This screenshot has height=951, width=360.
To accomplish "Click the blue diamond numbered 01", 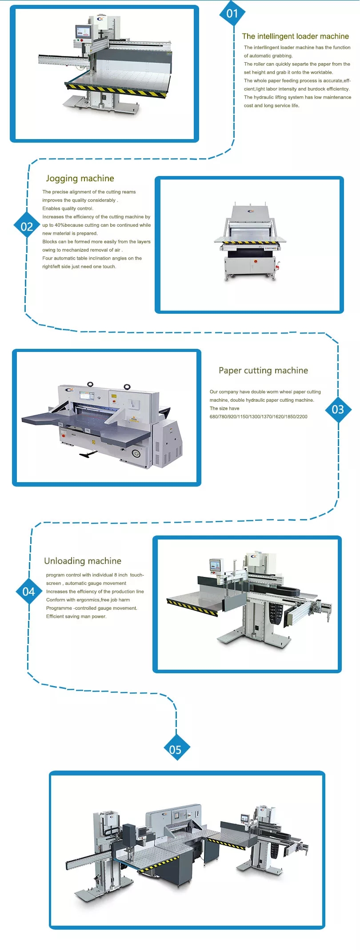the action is (232, 14).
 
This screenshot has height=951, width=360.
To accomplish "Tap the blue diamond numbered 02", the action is (27, 227).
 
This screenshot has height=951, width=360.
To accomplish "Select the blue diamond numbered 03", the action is (338, 409).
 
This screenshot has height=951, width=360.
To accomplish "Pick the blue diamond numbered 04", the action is (29, 591).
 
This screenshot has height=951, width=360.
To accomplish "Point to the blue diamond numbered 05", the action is (176, 750).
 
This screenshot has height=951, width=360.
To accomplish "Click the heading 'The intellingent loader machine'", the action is (296, 36).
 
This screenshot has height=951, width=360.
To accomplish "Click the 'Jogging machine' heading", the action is (80, 179).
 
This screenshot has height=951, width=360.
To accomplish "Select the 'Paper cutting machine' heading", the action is (263, 371).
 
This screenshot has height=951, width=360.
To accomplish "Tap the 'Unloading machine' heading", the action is (83, 561).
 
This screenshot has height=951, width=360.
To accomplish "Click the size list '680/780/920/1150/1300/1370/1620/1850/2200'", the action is (258, 417).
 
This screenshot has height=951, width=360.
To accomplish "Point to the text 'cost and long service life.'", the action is (272, 106).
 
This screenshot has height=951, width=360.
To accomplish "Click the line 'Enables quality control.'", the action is (68, 208).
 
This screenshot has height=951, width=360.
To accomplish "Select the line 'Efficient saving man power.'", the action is (76, 616).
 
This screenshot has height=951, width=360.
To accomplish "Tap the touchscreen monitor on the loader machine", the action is (83, 32).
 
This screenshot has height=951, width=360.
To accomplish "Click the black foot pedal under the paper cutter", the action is (88, 454).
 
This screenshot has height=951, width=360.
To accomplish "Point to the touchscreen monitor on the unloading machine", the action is (216, 566).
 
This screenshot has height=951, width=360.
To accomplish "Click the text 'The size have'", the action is (224, 408).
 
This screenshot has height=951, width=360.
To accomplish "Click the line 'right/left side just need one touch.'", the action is (79, 267).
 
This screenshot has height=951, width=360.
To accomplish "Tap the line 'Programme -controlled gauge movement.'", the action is (92, 608).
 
